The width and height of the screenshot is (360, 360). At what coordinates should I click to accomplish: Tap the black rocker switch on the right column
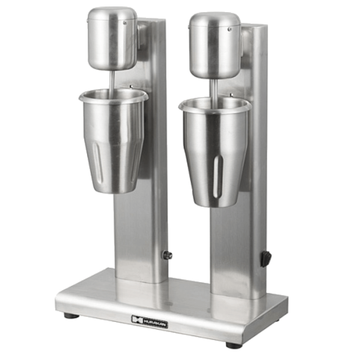coord(265,259)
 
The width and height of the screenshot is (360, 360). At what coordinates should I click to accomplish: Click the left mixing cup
coord(113,141)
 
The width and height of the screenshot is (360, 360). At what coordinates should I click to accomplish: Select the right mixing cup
coord(215,152)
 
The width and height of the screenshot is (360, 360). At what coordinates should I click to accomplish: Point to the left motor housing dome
coord(112,38)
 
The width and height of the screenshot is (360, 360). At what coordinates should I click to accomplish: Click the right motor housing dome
coord(215,45)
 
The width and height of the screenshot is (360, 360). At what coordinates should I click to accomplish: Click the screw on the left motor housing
coord(125,23)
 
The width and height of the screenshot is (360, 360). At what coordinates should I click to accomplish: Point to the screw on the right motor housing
coord(229,29)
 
